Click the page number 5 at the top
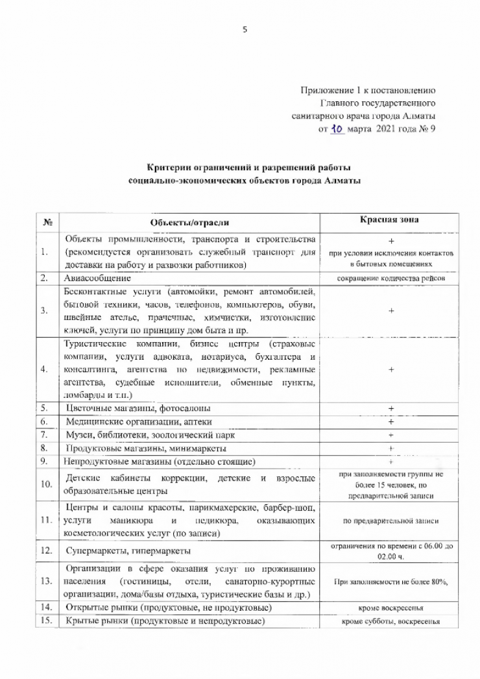pos(245,29)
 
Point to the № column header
pos(47,223)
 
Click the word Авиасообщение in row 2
pos(99,278)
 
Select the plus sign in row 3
pos(392,311)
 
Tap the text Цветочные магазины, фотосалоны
pos(139,408)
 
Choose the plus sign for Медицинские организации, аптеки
pos(392,422)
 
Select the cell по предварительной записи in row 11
pos(392,521)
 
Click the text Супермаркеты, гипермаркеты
pos(128,551)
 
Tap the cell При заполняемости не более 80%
pos(392,582)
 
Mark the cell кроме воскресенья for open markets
pos(392,608)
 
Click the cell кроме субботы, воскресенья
pos(392,621)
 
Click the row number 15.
pos(46,621)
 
